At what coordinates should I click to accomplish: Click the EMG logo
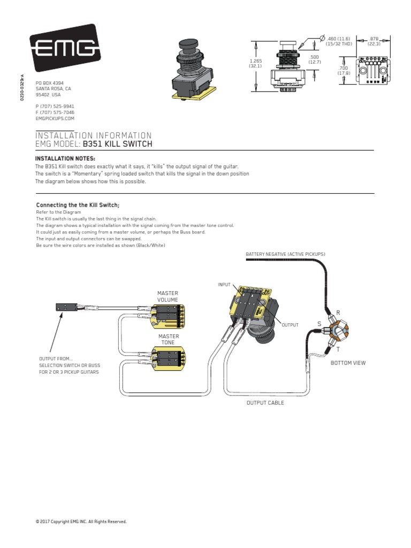tap(64, 48)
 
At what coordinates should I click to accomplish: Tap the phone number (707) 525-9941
tap(55, 106)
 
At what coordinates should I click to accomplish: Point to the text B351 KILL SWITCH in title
tap(118, 144)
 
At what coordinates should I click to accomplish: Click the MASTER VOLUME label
tap(168, 296)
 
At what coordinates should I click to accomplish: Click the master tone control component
tap(169, 357)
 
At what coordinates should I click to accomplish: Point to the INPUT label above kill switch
tap(224, 284)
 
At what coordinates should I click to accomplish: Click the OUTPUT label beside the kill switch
tap(290, 325)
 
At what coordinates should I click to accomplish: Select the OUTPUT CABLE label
tap(265, 402)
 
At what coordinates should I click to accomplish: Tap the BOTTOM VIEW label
tap(348, 363)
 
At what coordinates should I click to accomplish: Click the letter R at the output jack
tap(338, 312)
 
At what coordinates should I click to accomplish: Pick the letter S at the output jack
tap(319, 324)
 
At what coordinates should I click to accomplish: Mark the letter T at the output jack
tap(338, 349)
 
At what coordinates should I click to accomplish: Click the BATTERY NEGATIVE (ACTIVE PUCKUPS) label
tap(285, 253)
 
